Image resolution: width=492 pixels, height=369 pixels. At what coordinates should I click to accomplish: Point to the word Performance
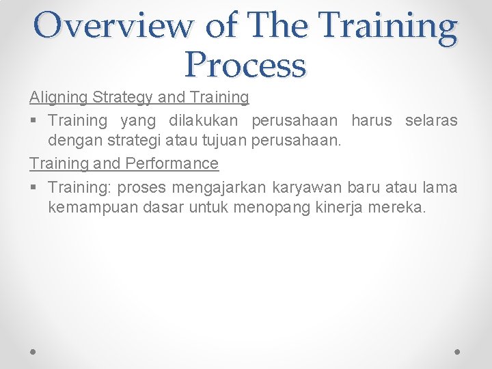tap(172, 163)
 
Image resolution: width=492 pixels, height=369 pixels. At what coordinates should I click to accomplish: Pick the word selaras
tap(431, 120)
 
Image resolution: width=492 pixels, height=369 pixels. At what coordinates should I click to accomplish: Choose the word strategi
tap(137, 142)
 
